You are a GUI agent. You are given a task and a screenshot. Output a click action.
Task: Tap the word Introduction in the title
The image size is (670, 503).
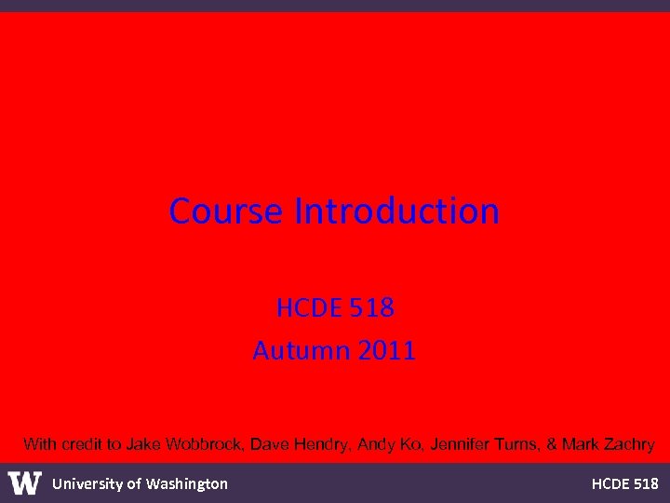[397, 211]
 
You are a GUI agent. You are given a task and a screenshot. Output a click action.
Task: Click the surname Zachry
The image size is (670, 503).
[628, 444]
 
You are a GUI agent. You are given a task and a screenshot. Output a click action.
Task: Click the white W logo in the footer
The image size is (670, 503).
[25, 483]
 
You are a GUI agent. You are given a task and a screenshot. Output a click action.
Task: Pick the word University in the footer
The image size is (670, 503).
[86, 483]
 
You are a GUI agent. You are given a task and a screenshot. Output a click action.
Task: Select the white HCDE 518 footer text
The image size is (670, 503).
[624, 483]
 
